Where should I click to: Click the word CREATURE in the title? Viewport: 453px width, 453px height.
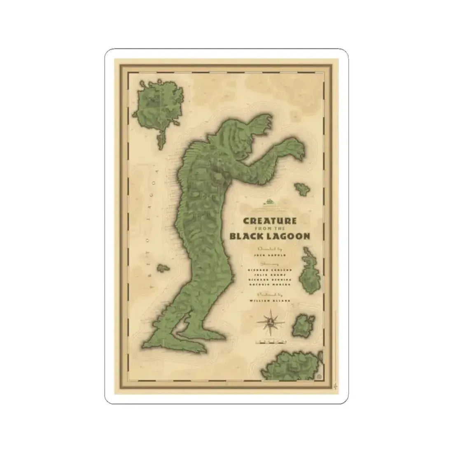click(x=270, y=220)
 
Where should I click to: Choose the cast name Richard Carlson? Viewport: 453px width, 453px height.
click(x=270, y=269)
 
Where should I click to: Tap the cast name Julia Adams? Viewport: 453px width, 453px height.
click(x=270, y=274)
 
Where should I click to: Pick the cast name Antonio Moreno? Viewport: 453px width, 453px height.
click(x=270, y=284)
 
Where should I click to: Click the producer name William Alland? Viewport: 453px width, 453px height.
click(x=270, y=301)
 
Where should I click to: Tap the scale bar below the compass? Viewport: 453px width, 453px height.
click(x=270, y=341)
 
